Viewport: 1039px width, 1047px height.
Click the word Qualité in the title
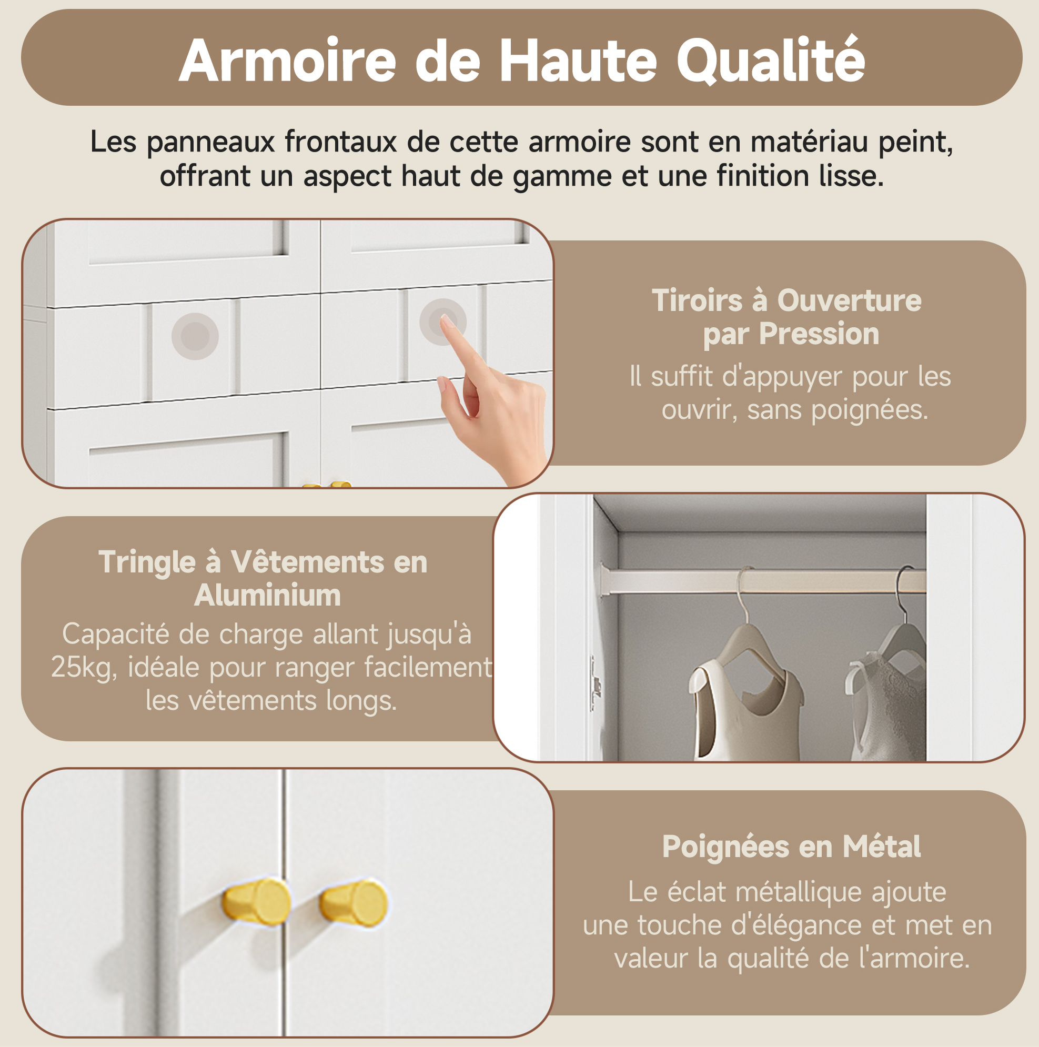click(x=770, y=60)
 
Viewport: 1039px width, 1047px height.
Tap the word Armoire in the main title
click(x=288, y=60)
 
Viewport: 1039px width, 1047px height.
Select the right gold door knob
click(x=354, y=903)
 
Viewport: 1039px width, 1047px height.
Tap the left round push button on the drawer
click(x=195, y=336)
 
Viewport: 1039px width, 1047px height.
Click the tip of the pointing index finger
click(x=445, y=319)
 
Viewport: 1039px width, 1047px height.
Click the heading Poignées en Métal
click(x=791, y=847)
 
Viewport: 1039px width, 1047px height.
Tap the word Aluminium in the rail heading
click(x=268, y=595)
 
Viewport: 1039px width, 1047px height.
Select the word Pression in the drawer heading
click(x=819, y=333)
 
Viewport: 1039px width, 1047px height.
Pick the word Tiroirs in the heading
click(x=697, y=300)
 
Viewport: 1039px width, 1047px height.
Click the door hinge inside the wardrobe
click(x=596, y=683)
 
